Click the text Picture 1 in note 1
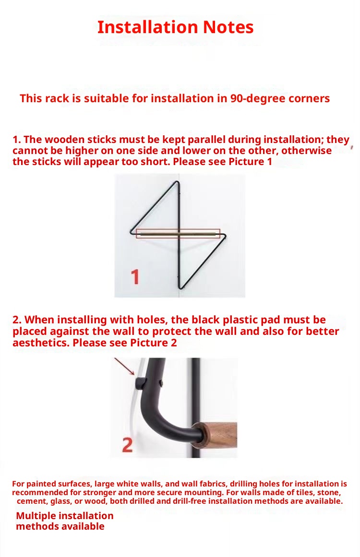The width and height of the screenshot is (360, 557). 250,162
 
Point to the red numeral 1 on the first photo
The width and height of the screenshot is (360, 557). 135,277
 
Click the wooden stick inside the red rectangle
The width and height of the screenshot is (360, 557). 177,234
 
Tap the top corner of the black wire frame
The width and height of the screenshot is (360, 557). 177,183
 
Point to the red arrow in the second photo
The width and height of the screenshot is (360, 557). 124,367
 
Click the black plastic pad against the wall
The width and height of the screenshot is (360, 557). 140,383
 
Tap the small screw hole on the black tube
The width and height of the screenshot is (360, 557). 161,383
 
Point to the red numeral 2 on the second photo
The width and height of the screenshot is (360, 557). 127,445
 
